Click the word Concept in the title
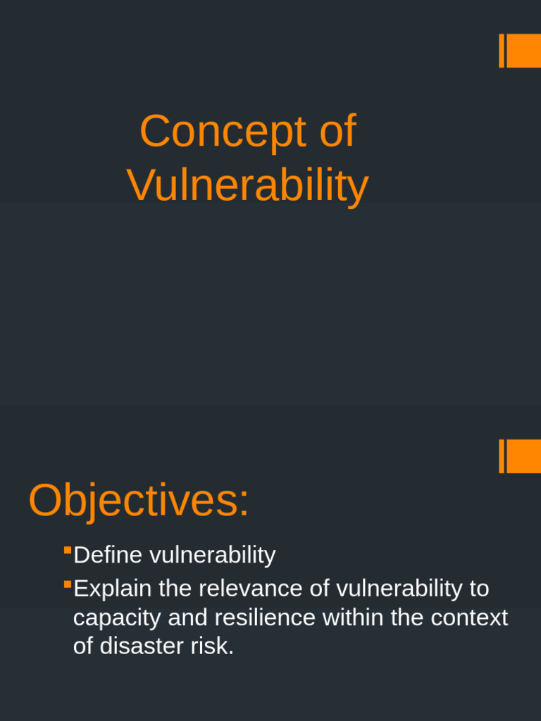pyautogui.click(x=223, y=132)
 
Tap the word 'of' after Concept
pyautogui.click(x=337, y=132)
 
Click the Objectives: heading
pyautogui.click(x=139, y=501)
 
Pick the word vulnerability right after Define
pyautogui.click(x=212, y=556)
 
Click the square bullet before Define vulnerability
pyautogui.click(x=68, y=550)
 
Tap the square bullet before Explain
pyautogui.click(x=68, y=584)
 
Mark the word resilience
pyautogui.click(x=265, y=618)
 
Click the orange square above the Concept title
pyautogui.click(x=523, y=51)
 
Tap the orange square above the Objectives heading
pyautogui.click(x=523, y=456)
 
